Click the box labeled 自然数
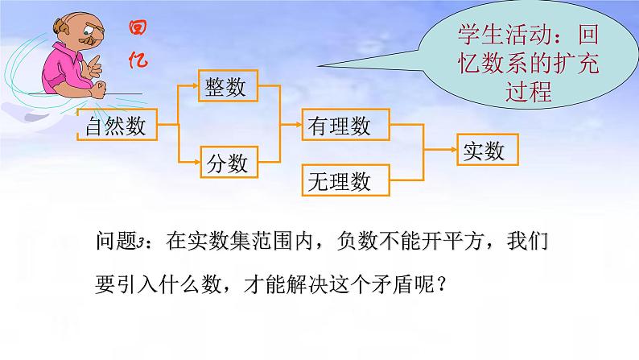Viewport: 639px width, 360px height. (117, 125)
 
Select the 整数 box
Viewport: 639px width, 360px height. (229, 85)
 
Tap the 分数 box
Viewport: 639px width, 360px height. (229, 162)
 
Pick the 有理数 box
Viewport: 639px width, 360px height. (345, 125)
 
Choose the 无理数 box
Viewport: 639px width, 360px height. (345, 180)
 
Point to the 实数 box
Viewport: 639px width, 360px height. (488, 150)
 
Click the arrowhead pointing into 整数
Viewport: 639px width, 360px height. (195, 85)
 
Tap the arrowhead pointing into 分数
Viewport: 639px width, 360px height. (196, 162)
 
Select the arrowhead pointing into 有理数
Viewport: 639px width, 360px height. (298, 124)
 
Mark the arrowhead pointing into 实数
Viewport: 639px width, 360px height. (453, 150)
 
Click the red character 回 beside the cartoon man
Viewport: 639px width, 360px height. (138, 27)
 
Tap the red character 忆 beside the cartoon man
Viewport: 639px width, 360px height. (138, 60)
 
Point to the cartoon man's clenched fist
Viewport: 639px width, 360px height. (98, 89)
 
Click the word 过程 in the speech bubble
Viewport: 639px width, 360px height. (529, 92)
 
